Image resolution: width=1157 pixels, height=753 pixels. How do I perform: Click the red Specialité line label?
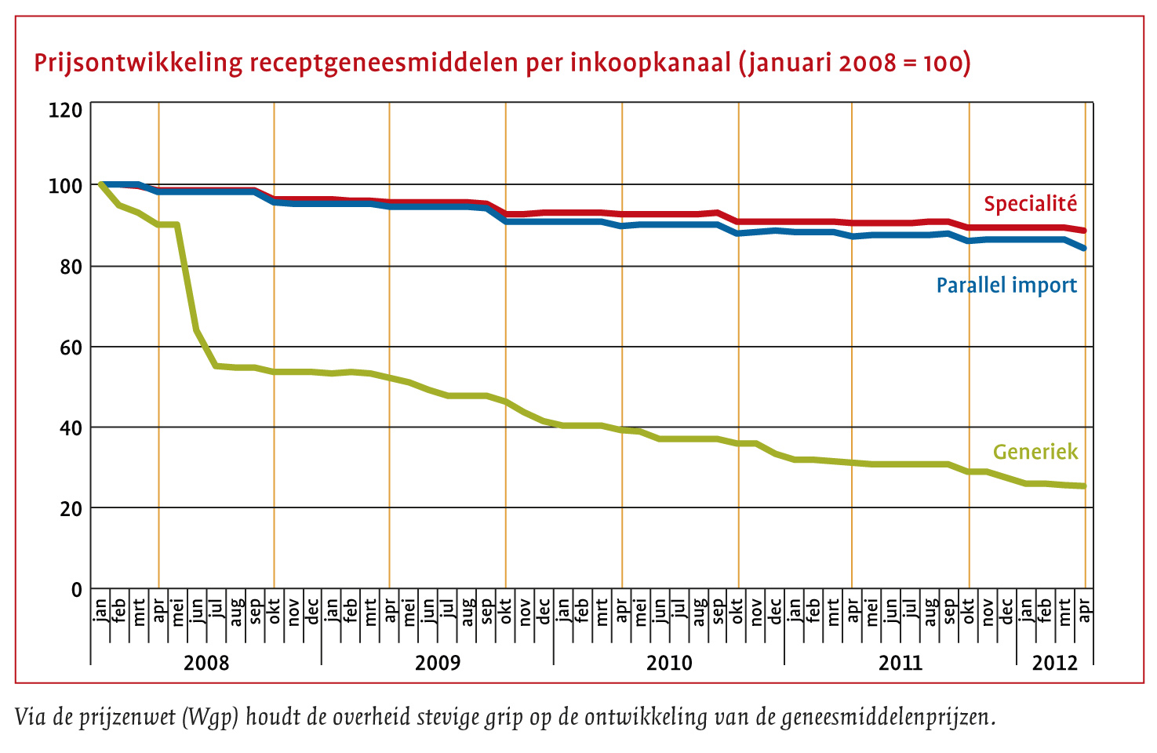[1030, 204]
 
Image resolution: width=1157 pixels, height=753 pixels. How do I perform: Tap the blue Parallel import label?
[1006, 285]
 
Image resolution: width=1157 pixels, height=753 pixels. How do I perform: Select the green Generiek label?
[1035, 452]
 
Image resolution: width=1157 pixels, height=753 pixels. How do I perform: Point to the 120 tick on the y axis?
[65, 110]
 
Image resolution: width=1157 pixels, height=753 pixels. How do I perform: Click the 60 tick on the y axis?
[70, 347]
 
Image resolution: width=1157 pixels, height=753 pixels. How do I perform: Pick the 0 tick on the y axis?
[76, 589]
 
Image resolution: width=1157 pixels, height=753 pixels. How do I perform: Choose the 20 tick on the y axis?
[70, 508]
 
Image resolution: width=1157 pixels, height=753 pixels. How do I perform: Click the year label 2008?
[206, 663]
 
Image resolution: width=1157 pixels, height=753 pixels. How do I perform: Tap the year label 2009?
[438, 663]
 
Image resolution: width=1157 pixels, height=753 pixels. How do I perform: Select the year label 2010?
[669, 663]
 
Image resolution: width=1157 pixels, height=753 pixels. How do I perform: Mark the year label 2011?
[900, 663]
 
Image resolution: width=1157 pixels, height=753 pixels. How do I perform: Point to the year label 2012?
[1055, 663]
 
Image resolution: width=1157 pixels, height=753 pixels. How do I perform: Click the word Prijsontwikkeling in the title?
[138, 63]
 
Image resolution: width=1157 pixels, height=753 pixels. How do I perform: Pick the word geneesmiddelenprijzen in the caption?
[887, 717]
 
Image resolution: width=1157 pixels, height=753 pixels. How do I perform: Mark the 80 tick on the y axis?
[70, 267]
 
